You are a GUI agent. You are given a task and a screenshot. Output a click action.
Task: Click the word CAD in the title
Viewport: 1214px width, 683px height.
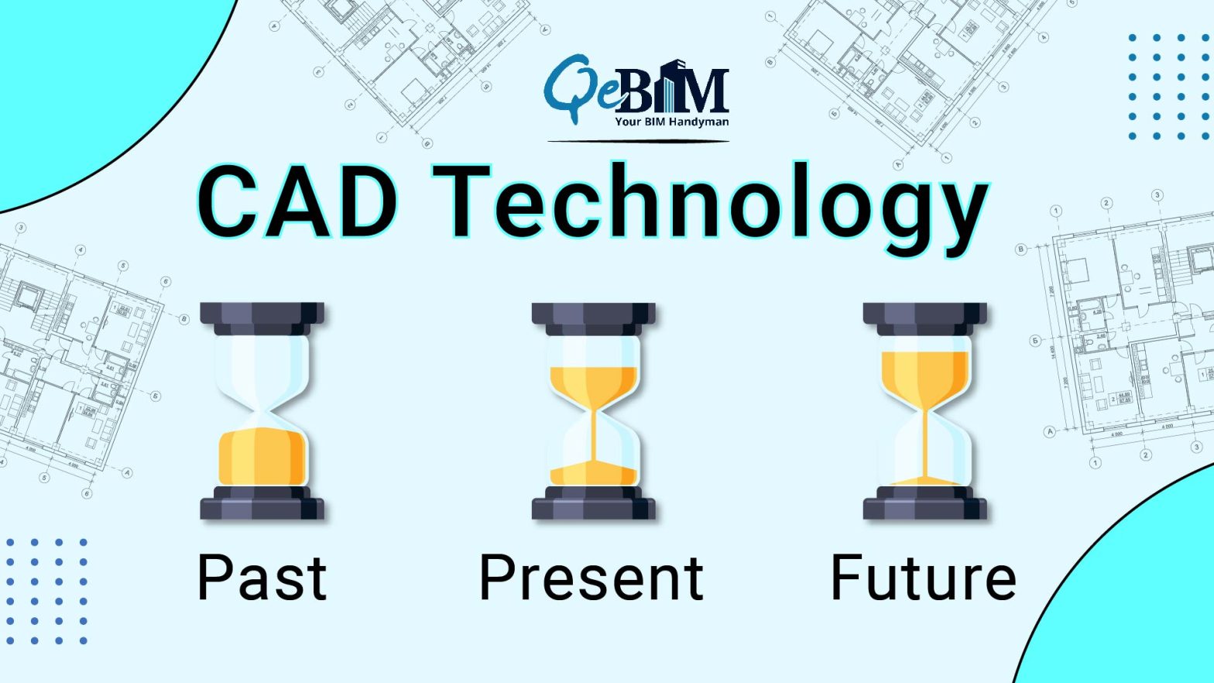[x=298, y=203]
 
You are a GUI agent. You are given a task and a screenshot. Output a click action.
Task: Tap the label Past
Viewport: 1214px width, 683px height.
[x=262, y=577]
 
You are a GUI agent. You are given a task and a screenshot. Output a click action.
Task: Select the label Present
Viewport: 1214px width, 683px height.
[x=592, y=577]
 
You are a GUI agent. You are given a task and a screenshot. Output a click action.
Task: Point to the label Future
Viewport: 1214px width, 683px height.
[x=923, y=577]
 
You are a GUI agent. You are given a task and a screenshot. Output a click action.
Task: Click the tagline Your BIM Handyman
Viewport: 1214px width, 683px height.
[x=671, y=122]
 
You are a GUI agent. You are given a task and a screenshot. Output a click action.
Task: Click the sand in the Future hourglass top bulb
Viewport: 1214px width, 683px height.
[x=924, y=376]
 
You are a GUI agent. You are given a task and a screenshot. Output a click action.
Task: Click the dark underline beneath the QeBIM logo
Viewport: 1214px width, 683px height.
[x=638, y=142]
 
